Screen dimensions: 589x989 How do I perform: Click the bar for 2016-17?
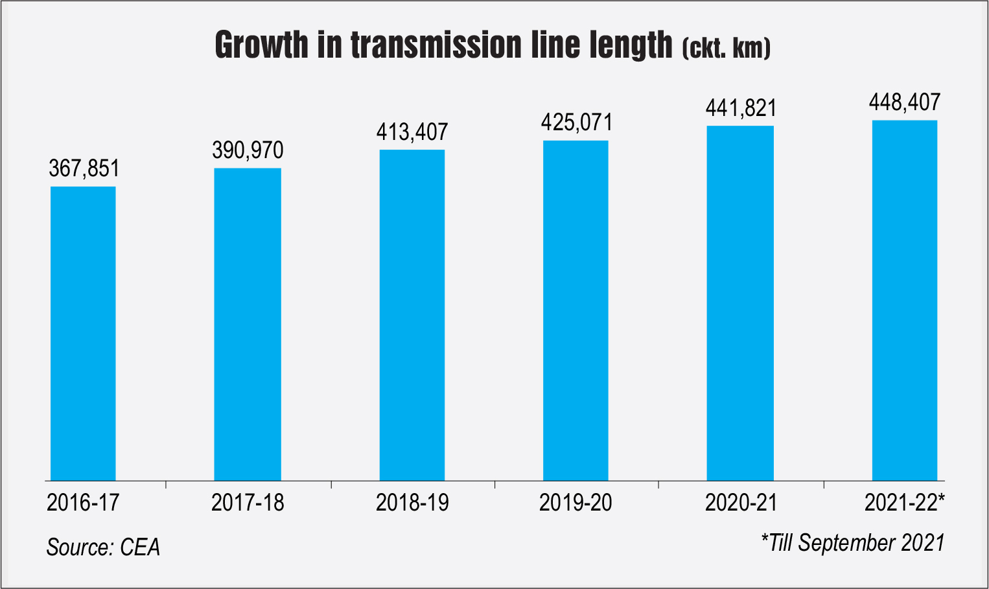point(83,333)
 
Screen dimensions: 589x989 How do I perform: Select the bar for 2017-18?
point(248,324)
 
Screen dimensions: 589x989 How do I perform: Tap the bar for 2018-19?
point(412,315)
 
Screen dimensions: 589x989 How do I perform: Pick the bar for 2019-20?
point(576,310)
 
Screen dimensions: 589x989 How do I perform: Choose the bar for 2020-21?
point(740,303)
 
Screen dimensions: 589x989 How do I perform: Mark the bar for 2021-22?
point(905,300)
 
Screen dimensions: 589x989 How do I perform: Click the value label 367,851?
point(84,168)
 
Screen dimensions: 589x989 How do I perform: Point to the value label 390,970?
point(248,150)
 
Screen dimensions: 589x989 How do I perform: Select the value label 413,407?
point(412,132)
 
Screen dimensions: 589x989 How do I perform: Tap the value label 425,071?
point(577,122)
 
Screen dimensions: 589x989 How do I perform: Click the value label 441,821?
point(741,108)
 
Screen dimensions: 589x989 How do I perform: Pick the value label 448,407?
point(905,102)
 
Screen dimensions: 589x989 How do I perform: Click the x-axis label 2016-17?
point(83,503)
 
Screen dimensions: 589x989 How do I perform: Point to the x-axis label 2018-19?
point(412,503)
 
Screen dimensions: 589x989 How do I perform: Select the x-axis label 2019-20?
point(576,503)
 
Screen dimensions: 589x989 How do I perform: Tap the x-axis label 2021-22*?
point(905,503)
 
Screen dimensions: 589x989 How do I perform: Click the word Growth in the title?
point(262,45)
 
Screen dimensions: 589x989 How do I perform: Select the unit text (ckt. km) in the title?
point(726,49)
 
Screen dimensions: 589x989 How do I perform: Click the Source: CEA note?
point(103,548)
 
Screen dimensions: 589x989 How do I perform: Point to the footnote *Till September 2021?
point(853,543)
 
